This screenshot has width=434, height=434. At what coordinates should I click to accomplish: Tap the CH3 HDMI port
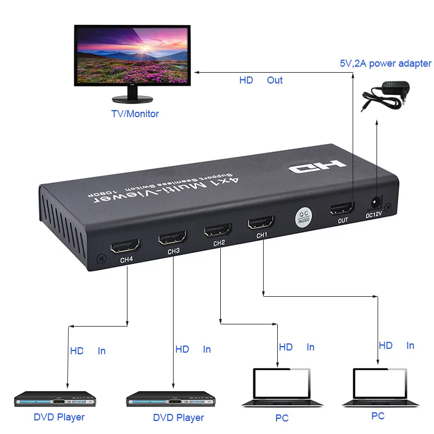173,238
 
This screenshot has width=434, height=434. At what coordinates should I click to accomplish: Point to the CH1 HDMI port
261,222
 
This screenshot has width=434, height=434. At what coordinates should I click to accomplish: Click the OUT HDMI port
342,208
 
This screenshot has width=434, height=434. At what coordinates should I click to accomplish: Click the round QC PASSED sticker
304,216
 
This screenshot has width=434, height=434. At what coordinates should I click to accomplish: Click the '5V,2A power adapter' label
382,63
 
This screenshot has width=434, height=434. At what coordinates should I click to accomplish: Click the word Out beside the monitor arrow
275,80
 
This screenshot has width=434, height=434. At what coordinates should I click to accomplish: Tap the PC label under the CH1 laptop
378,416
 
